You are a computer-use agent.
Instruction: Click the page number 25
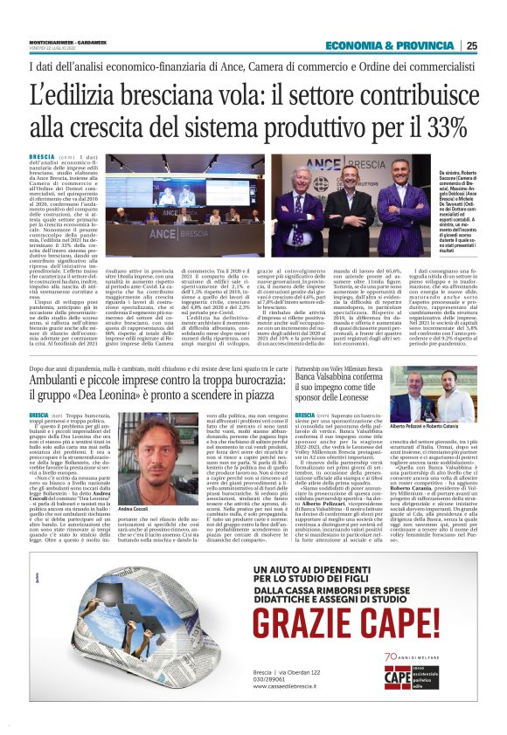tap(471, 46)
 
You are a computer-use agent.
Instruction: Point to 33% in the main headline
tap(442, 125)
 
